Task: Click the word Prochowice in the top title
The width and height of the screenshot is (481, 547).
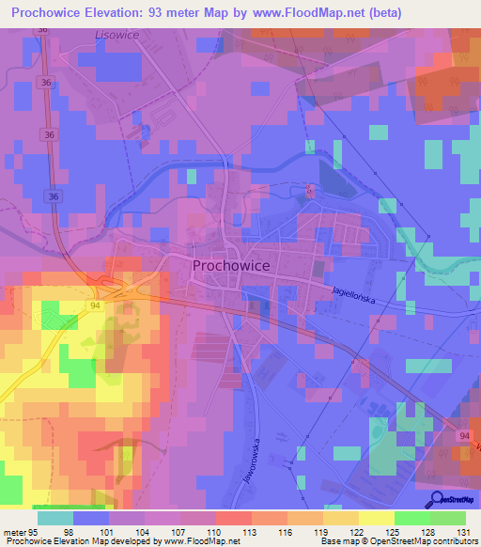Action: pos(52,13)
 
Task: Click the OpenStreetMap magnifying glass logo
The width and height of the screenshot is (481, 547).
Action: pos(437,499)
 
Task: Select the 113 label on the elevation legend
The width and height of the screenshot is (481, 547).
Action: pos(250,532)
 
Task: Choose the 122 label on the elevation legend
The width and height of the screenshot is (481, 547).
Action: pos(356,532)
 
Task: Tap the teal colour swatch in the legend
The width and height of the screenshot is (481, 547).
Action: pos(55,518)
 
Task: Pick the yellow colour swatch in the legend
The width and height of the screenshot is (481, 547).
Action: pos(376,518)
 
